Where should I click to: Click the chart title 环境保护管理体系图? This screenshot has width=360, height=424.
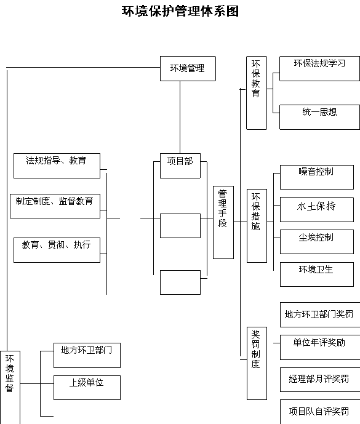[180, 11]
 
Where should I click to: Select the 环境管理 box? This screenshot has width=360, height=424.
[188, 69]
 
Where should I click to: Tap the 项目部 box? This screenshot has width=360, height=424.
[180, 166]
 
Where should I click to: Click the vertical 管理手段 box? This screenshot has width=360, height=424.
[223, 222]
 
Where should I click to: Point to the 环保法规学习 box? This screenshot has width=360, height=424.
[320, 69]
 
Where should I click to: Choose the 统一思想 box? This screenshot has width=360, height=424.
[320, 118]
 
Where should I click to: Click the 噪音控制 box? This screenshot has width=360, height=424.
[317, 177]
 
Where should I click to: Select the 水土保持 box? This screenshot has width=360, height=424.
[317, 210]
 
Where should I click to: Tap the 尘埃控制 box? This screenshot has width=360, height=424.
[317, 242]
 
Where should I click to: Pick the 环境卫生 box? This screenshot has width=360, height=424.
[317, 274]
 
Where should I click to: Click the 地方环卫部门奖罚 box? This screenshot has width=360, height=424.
[320, 314]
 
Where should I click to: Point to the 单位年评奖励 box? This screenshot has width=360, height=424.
[320, 348]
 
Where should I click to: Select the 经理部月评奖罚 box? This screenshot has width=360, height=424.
[320, 380]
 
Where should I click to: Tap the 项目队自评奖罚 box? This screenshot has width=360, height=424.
[320, 412]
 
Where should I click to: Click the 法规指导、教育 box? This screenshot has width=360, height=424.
[57, 166]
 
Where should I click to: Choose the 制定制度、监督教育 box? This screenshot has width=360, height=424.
[55, 206]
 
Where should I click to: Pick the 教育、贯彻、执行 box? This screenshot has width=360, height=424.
[57, 250]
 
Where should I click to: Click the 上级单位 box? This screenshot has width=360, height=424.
[87, 388]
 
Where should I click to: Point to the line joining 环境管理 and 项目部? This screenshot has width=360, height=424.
[180, 118]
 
